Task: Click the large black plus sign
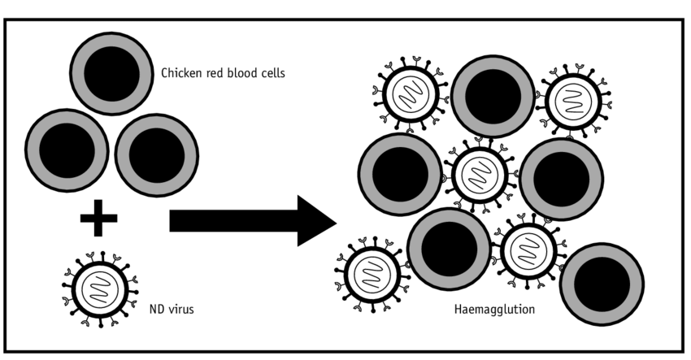(x=99, y=217)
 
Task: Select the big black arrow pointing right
(x=252, y=220)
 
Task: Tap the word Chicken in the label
(x=180, y=73)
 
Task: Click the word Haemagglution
(x=493, y=310)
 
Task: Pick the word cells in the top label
(x=272, y=73)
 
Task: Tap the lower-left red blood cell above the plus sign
(x=67, y=154)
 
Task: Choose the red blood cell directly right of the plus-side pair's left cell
(x=156, y=154)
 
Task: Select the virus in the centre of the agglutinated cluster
(x=480, y=173)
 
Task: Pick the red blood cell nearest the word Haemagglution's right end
(x=602, y=283)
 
